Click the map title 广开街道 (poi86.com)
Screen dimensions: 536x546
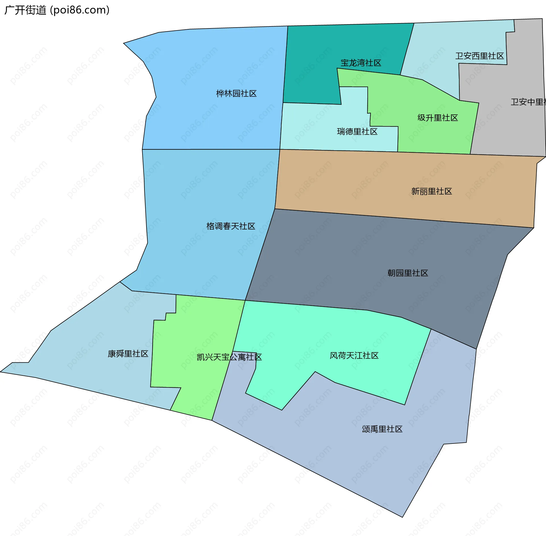click(57, 10)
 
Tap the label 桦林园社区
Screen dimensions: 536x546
click(236, 93)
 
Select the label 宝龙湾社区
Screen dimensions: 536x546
click(361, 63)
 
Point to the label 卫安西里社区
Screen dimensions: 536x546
click(479, 56)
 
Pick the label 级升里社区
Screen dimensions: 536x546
click(438, 118)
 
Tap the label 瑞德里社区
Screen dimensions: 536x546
click(357, 132)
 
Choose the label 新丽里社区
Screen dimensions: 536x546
click(431, 191)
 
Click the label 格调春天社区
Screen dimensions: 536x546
click(231, 226)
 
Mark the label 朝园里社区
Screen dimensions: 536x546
click(408, 273)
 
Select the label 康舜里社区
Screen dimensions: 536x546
click(128, 354)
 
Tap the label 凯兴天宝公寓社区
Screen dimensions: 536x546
click(229, 357)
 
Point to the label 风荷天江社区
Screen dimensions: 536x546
click(354, 356)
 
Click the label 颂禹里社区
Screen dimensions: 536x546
click(382, 429)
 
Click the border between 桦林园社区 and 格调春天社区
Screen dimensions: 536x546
click(210, 149)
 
